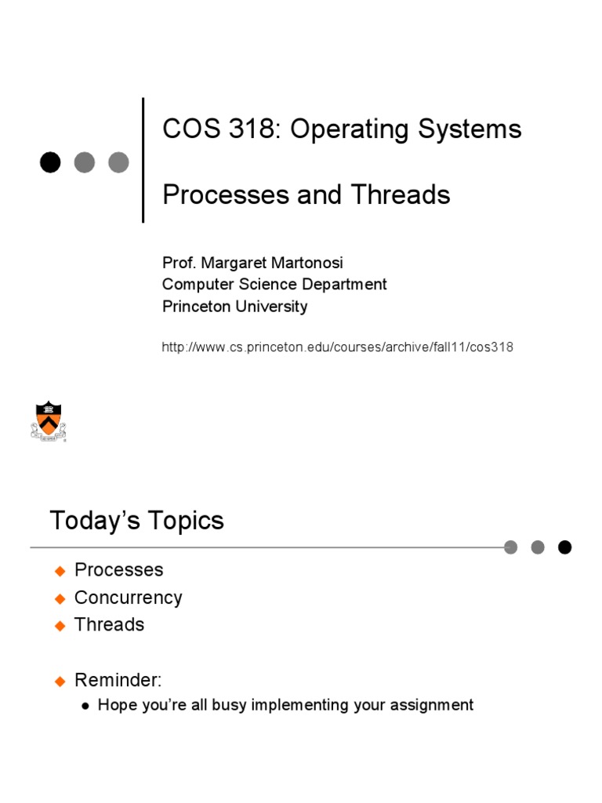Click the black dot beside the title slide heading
click(50, 162)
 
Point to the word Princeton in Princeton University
click(196, 307)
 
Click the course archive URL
click(337, 347)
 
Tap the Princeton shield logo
click(48, 420)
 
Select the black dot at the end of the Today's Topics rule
click(564, 547)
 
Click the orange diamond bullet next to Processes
click(60, 571)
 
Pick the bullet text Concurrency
click(128, 598)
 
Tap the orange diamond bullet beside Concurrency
click(60, 598)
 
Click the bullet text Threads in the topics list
click(109, 625)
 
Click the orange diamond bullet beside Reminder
click(60, 681)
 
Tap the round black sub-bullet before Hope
click(86, 706)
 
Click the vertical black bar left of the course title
click(143, 160)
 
